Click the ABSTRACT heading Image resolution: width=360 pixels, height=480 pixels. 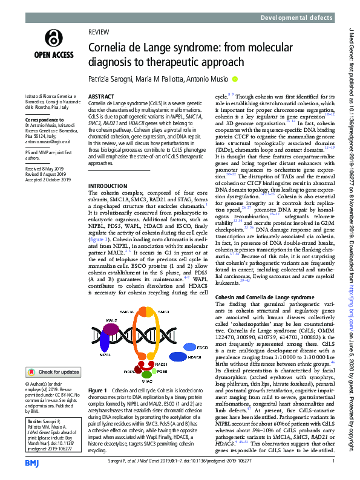[101, 97]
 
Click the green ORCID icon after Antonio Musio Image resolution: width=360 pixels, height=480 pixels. [235, 78]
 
